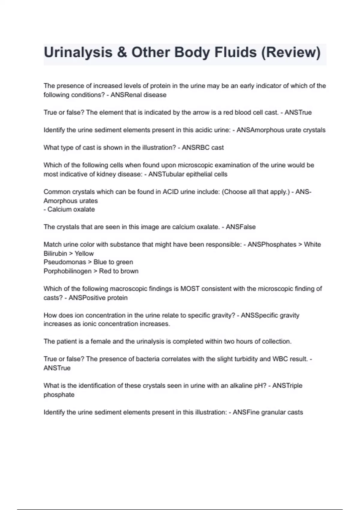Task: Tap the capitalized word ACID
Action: coord(171,192)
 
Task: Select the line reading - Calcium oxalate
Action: coord(69,209)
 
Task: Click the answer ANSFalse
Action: coord(241,227)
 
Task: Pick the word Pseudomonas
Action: coord(65,262)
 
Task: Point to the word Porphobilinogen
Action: coord(67,271)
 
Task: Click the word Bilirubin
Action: coord(55,253)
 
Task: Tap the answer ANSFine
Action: coord(246,412)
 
